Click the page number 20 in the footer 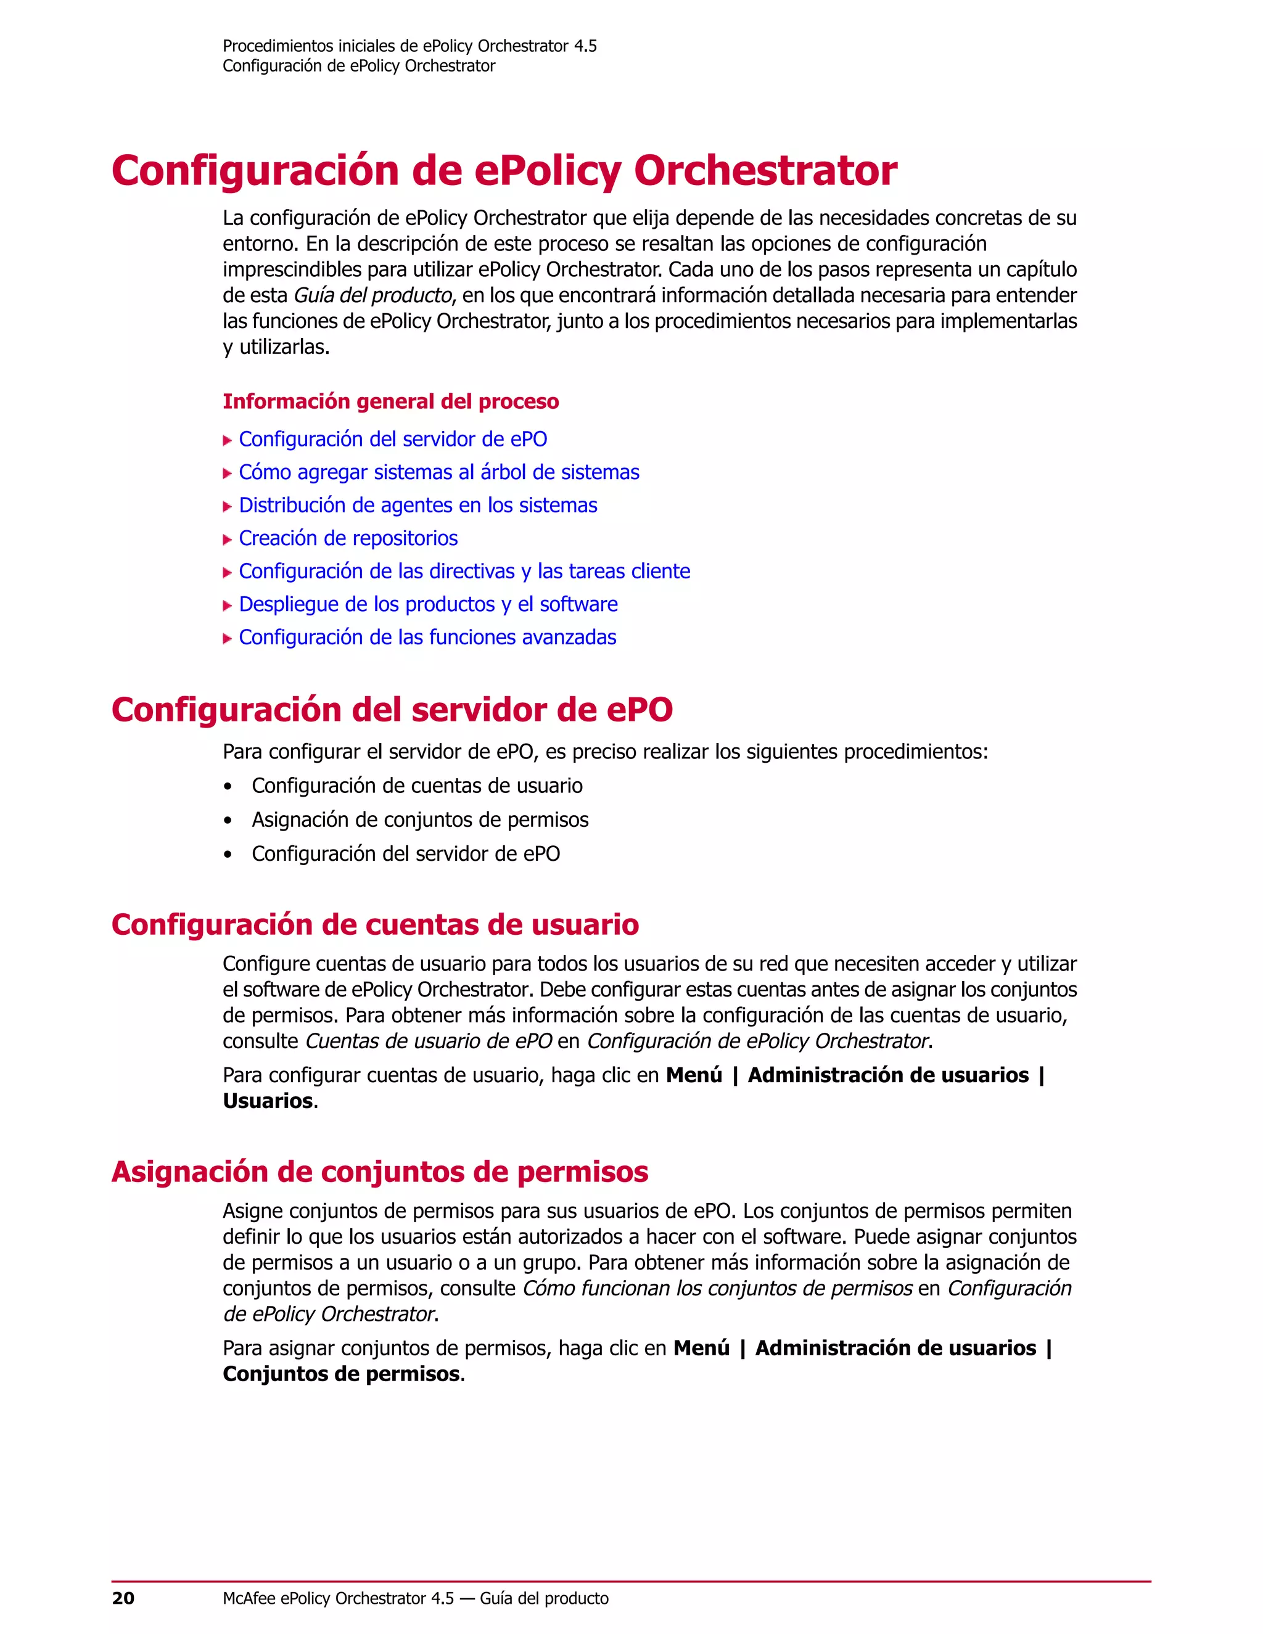tap(123, 1599)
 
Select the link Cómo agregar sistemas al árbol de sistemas tap(438, 472)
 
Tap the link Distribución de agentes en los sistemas tap(418, 505)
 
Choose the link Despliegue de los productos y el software tap(428, 604)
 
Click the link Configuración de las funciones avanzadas tap(427, 637)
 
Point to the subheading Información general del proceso tap(390, 402)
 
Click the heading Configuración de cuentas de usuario tap(375, 925)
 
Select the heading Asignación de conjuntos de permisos tap(379, 1172)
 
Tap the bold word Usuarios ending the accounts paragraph tap(268, 1101)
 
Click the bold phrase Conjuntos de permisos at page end tap(341, 1374)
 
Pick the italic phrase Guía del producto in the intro tap(372, 295)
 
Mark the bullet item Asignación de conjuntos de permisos tap(420, 819)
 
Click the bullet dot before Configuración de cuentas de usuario tap(228, 786)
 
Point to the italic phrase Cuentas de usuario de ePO tap(429, 1041)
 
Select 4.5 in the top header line tap(585, 46)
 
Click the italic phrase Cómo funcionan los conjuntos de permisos tap(717, 1287)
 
